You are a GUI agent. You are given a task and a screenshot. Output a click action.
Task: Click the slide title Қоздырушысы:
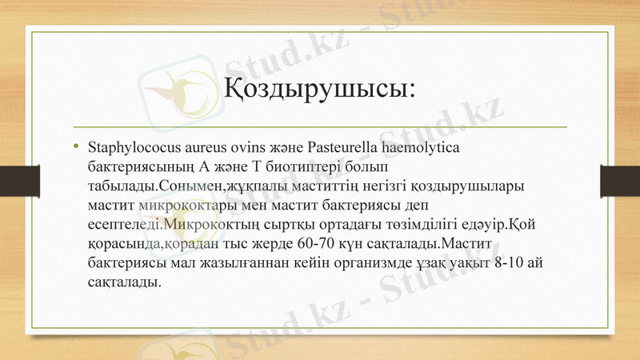pyautogui.click(x=318, y=86)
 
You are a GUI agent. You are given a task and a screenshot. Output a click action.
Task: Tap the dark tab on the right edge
pyautogui.click(x=620, y=179)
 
